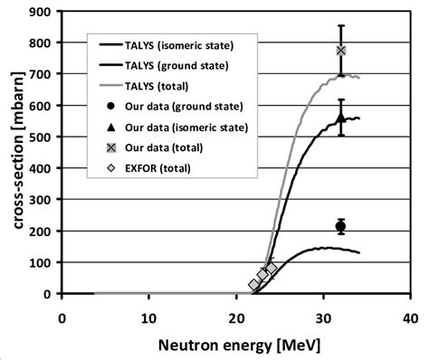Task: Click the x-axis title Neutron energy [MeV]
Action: (236, 345)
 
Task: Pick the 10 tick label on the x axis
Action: (148, 317)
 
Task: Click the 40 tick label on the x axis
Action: (409, 317)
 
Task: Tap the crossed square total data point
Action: (340, 51)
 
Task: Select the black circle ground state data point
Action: (340, 226)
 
